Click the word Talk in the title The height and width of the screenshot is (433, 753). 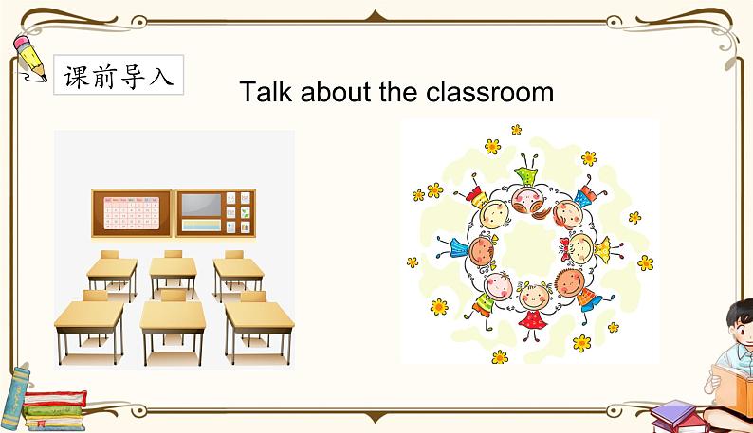pyautogui.click(x=266, y=91)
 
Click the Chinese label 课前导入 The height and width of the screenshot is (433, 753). pyautogui.click(x=119, y=76)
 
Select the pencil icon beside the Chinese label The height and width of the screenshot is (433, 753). pyautogui.click(x=29, y=58)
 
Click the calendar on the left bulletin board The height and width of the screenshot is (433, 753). pyautogui.click(x=131, y=213)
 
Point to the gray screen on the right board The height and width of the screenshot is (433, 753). pyautogui.click(x=201, y=205)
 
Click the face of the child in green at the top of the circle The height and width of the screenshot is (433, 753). pyautogui.click(x=526, y=199)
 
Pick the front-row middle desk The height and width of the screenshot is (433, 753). pyautogui.click(x=173, y=327)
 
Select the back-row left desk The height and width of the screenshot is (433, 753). pyautogui.click(x=112, y=274)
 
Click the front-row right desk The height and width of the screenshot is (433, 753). pyautogui.click(x=259, y=327)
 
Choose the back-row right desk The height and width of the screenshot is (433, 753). pyautogui.click(x=238, y=274)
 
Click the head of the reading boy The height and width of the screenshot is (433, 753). pyautogui.click(x=741, y=321)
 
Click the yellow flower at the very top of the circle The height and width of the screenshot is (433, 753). pyautogui.click(x=516, y=129)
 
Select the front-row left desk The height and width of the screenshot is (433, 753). pyautogui.click(x=89, y=327)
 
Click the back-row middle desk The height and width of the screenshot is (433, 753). pyautogui.click(x=173, y=274)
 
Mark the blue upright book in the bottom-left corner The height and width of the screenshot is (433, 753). pyautogui.click(x=14, y=398)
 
